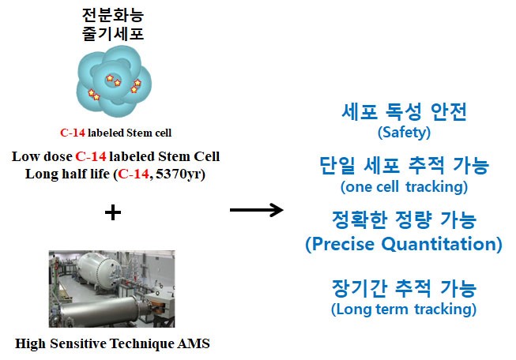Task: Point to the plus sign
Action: (x=114, y=211)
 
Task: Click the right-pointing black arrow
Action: (x=256, y=210)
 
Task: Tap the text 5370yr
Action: (x=183, y=173)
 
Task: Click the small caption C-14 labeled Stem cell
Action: (x=115, y=133)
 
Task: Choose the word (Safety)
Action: (x=404, y=132)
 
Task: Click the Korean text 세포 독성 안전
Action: (x=404, y=112)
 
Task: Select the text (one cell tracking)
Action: (x=404, y=187)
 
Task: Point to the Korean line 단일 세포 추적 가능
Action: (x=404, y=167)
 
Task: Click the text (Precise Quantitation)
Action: (x=404, y=244)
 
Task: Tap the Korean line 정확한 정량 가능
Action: (x=404, y=219)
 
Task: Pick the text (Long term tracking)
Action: (x=404, y=308)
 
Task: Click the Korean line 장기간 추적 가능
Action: (x=404, y=287)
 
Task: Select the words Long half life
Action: (x=61, y=173)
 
